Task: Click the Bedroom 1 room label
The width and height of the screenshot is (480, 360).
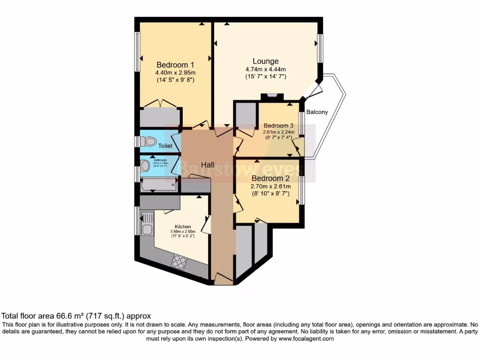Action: (175, 65)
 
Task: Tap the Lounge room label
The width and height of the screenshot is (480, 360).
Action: (265, 61)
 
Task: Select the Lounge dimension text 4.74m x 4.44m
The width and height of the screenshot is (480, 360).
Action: (265, 69)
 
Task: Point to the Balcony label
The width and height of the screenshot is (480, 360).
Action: (317, 112)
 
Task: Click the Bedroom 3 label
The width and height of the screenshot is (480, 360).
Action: (278, 126)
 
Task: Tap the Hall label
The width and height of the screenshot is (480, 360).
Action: (208, 165)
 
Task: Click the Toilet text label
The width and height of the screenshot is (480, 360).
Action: (165, 146)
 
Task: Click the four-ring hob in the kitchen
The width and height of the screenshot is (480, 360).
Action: (179, 262)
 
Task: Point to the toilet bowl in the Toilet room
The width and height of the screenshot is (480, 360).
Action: (150, 141)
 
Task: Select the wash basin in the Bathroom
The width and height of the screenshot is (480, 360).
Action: (145, 165)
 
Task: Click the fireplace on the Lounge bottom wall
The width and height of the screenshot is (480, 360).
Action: (272, 97)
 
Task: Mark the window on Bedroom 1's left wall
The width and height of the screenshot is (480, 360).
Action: (138, 52)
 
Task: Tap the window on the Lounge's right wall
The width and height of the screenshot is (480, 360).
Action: (320, 48)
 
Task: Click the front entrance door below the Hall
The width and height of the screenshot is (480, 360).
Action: (223, 278)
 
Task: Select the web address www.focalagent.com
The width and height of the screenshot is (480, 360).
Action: (305, 338)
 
